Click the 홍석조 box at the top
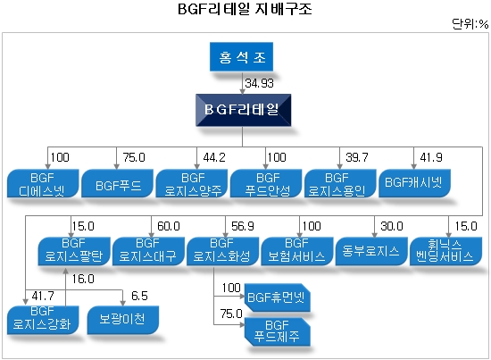(x=241, y=56)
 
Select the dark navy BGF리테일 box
(x=244, y=110)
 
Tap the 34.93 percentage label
(x=259, y=83)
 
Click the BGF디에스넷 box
(x=43, y=183)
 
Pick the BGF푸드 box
(x=117, y=183)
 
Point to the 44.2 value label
(x=214, y=157)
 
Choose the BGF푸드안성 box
(x=266, y=183)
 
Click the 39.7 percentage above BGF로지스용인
(x=357, y=157)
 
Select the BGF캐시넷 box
(x=414, y=183)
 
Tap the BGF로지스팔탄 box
(x=74, y=251)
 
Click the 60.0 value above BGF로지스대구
(x=169, y=226)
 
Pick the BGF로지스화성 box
(x=222, y=251)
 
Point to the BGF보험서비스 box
(x=297, y=251)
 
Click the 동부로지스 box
(x=371, y=251)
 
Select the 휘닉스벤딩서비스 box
(x=445, y=251)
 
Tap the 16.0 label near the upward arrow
(x=83, y=279)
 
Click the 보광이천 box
(x=123, y=320)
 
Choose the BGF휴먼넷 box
(x=277, y=297)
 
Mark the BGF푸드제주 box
(x=277, y=331)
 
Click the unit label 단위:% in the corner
(x=470, y=24)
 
